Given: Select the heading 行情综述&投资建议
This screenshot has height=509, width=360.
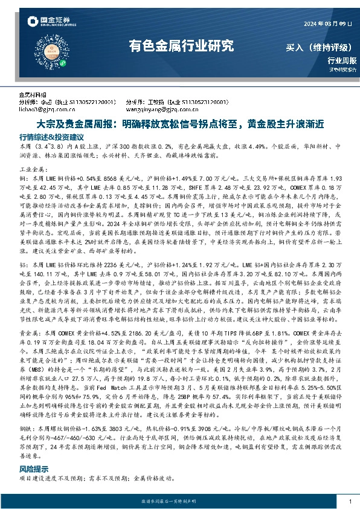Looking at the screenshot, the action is tap(51, 137).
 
